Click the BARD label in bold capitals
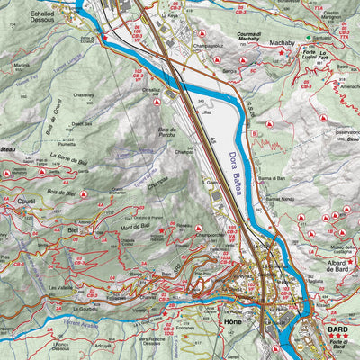point(337,330)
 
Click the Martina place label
point(22,66)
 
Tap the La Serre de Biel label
point(68,156)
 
